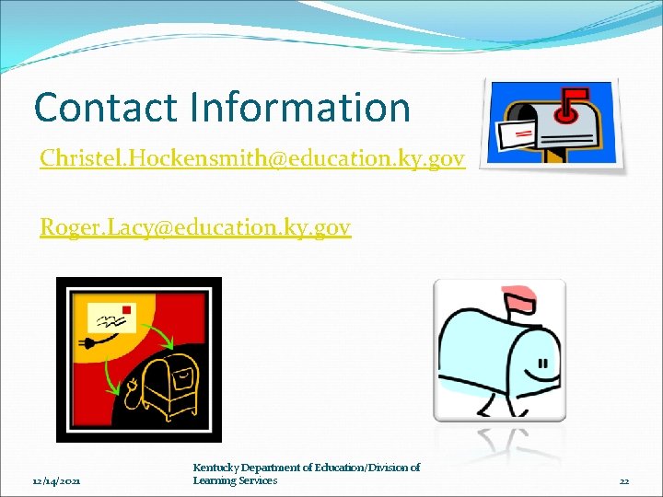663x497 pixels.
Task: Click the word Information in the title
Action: [300, 108]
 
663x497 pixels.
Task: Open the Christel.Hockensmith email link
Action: [252, 159]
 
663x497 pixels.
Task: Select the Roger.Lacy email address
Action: [195, 226]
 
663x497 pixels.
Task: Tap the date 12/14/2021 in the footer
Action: [56, 480]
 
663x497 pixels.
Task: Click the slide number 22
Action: [624, 480]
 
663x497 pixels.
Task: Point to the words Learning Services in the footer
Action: [235, 480]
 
